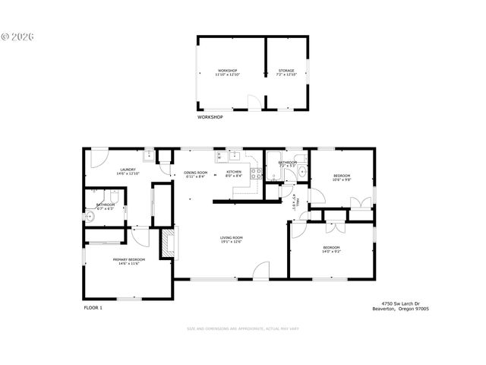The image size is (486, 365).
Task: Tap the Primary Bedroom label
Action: click(129, 259)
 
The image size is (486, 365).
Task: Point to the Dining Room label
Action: click(195, 173)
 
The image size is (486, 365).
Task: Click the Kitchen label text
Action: click(233, 172)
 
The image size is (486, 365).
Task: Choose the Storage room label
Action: click(286, 71)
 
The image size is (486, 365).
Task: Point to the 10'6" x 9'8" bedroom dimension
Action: click(342, 180)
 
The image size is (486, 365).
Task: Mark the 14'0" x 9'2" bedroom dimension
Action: click(331, 251)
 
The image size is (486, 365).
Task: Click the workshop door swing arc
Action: click(254, 101)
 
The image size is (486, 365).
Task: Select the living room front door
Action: click(262, 270)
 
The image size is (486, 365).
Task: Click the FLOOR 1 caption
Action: click(93, 307)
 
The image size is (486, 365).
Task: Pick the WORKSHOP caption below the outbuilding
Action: click(210, 117)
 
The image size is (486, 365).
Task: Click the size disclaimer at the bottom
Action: click(243, 328)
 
